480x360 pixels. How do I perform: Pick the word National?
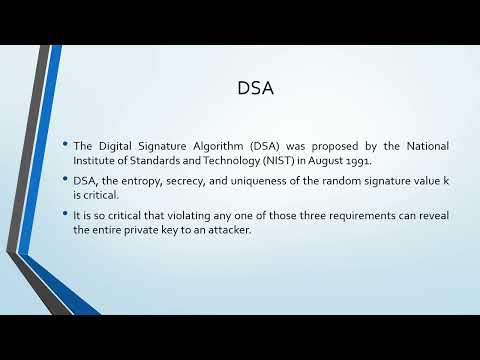[424, 147]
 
